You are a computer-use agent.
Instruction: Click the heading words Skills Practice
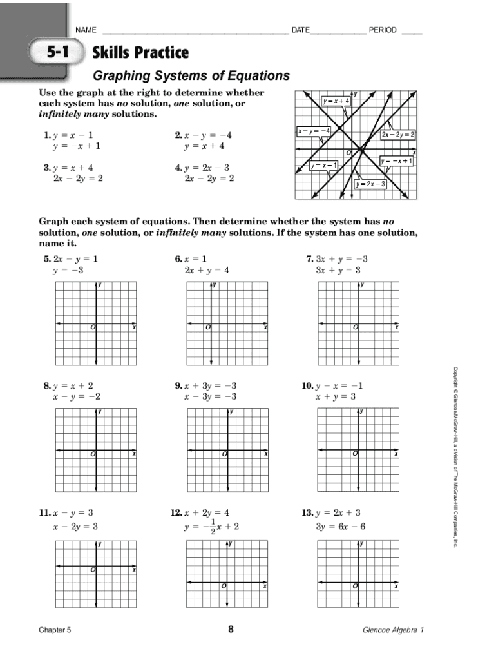click(140, 52)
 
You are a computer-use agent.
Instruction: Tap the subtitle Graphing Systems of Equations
click(191, 76)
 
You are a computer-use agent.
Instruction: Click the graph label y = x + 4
click(336, 101)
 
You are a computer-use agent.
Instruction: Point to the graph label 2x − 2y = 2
click(398, 135)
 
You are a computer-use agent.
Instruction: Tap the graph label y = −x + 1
click(396, 160)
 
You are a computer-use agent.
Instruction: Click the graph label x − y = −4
click(314, 131)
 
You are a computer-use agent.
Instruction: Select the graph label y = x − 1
click(323, 166)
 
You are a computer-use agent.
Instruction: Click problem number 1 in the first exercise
click(46, 135)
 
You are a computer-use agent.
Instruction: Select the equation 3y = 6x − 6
click(341, 526)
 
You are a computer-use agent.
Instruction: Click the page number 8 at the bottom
click(231, 630)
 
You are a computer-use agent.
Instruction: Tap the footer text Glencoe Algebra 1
click(393, 631)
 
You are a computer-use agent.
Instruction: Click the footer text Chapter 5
click(55, 631)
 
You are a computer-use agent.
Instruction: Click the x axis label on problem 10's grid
click(396, 454)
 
